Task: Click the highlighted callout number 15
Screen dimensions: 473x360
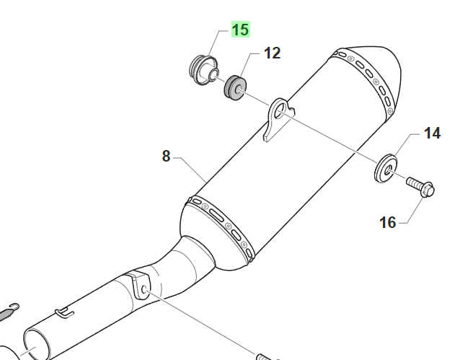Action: [x=241, y=30]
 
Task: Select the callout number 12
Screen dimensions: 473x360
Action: [x=272, y=53]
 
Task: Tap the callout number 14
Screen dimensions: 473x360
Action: [x=432, y=133]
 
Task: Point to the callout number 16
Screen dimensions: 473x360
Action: [x=387, y=223]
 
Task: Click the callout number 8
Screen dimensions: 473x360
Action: [x=167, y=157]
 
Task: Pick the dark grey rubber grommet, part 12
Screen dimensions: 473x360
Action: [x=235, y=88]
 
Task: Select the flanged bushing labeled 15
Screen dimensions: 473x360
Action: [x=204, y=70]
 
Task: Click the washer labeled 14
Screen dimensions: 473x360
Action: [x=386, y=168]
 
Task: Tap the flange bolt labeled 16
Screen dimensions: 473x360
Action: [x=420, y=187]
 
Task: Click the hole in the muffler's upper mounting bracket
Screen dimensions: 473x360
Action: [x=280, y=110]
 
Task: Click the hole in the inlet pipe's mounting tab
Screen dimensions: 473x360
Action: [x=144, y=290]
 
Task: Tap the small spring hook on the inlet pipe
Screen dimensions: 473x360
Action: [x=64, y=313]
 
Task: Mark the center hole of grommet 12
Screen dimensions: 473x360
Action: [x=240, y=89]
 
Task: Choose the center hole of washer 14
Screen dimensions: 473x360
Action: [x=387, y=170]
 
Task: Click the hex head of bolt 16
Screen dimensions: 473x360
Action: [x=428, y=190]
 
